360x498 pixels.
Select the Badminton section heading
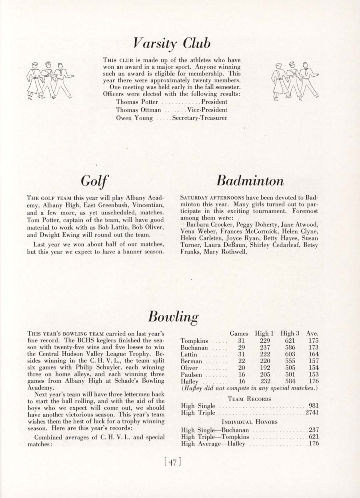point(250,181)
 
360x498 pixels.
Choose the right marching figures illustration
point(295,81)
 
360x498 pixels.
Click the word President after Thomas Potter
point(214,102)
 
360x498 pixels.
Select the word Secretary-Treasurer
point(200,118)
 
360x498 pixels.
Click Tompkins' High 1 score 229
point(265,341)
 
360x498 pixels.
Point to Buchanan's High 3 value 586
point(290,348)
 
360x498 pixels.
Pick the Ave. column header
point(312,333)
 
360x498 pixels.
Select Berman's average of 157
point(314,361)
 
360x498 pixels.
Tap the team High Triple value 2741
point(312,413)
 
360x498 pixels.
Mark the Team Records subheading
point(249,399)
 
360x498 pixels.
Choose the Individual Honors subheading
point(250,422)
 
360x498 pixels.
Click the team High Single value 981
point(314,406)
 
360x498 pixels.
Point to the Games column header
point(239,333)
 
